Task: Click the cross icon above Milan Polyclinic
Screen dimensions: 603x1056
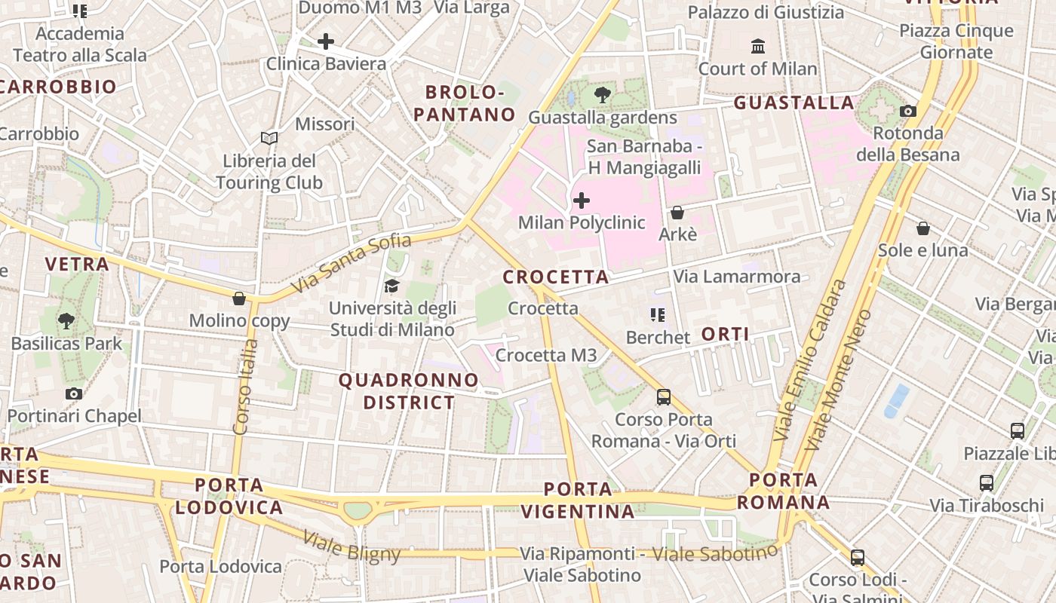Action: pyautogui.click(x=582, y=200)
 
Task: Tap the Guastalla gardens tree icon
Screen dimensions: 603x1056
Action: pyautogui.click(x=602, y=95)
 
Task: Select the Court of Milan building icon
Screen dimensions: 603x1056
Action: pyautogui.click(x=758, y=47)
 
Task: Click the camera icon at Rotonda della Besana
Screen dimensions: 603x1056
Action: pyautogui.click(x=908, y=112)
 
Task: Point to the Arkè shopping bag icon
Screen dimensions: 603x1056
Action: pyautogui.click(x=677, y=213)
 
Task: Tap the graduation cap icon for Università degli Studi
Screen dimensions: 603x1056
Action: pyautogui.click(x=391, y=286)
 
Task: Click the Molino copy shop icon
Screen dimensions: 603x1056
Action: pyautogui.click(x=239, y=298)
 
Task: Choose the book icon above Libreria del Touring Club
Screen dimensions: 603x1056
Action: pyautogui.click(x=269, y=138)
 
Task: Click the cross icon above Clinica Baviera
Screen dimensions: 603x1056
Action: pyautogui.click(x=326, y=41)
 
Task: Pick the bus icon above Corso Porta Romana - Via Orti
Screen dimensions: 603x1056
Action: pyautogui.click(x=664, y=396)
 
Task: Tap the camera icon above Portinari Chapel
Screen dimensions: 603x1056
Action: pyautogui.click(x=73, y=393)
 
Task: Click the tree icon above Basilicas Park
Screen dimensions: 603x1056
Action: pyautogui.click(x=66, y=320)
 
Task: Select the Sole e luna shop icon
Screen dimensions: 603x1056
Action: pyautogui.click(x=922, y=228)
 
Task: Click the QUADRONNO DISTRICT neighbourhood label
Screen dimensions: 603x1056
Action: pyautogui.click(x=409, y=391)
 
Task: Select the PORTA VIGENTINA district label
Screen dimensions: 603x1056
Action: pyautogui.click(x=578, y=500)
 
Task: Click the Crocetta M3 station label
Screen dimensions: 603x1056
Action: pyautogui.click(x=546, y=355)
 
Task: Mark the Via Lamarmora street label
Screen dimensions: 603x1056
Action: pyautogui.click(x=736, y=277)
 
